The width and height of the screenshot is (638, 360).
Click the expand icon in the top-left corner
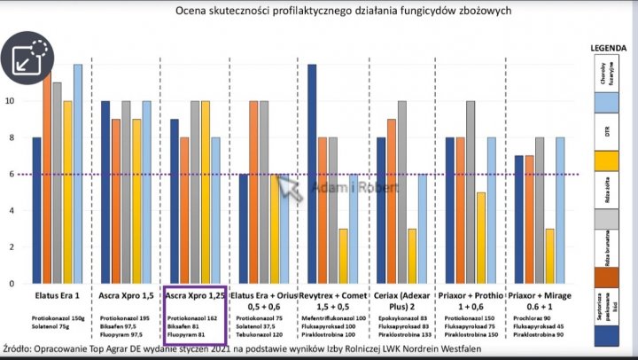[29, 58]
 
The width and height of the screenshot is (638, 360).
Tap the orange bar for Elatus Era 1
[47, 177]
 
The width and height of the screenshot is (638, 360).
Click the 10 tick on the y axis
[11, 101]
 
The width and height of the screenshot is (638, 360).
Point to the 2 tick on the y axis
[11, 247]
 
